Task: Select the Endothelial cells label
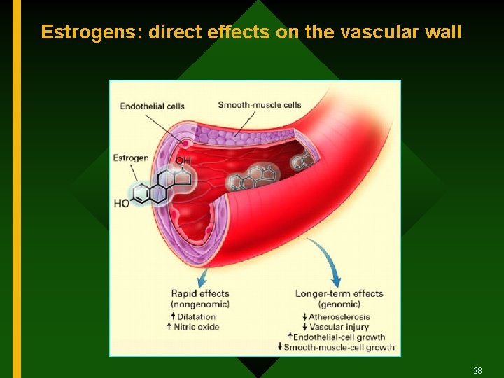coord(152,106)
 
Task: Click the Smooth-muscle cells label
coord(259,105)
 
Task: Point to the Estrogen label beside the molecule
coord(131,157)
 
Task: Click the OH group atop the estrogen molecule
coord(183,161)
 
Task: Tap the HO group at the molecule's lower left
coord(122,204)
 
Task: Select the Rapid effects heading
coord(200,294)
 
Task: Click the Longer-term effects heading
coord(339,294)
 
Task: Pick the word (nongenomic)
coord(201,304)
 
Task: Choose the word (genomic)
coord(339,304)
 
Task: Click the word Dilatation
coord(197,316)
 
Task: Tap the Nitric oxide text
coord(198,327)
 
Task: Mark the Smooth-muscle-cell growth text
coord(339,347)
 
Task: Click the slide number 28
coord(478,370)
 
